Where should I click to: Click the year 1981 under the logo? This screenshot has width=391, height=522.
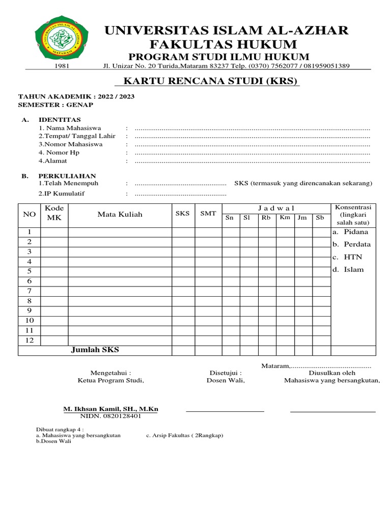coord(61,66)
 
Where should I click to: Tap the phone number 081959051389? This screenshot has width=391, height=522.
coord(325,66)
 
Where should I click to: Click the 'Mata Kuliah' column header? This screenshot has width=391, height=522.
coord(120,214)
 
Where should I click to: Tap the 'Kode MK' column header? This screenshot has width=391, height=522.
coord(54,213)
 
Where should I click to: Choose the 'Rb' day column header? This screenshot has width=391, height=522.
coord(266,218)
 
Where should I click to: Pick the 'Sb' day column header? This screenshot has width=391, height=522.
coord(320,218)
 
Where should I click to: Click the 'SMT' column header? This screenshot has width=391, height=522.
coord(208,214)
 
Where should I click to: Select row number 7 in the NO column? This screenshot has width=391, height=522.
coord(30,291)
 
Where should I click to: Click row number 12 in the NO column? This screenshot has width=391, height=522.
coord(30,340)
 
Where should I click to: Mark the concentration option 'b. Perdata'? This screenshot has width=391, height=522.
coord(351,244)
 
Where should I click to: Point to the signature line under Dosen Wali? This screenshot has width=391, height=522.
coord(225,410)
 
